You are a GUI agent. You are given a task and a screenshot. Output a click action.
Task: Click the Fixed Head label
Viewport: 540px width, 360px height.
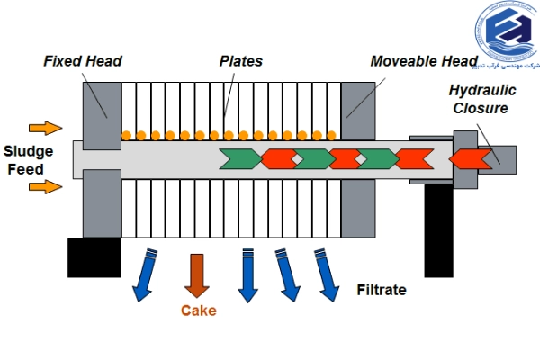(x=82, y=61)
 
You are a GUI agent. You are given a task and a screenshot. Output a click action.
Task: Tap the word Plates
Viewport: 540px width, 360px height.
(x=241, y=61)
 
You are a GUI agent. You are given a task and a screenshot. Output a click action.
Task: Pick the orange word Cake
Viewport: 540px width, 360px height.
(x=198, y=311)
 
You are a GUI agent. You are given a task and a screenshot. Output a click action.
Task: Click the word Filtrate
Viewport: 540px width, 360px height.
(x=382, y=290)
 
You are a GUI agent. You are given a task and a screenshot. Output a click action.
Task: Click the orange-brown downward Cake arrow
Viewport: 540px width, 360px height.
(x=197, y=274)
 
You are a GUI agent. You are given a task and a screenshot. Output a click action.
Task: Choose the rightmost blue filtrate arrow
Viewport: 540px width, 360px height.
(x=328, y=274)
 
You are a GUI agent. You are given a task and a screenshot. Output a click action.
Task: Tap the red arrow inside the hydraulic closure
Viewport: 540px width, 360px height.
(x=468, y=159)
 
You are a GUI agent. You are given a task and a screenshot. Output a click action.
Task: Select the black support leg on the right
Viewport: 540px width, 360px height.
(x=438, y=229)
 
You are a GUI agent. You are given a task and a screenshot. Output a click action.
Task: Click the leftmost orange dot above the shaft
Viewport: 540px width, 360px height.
(x=127, y=135)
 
